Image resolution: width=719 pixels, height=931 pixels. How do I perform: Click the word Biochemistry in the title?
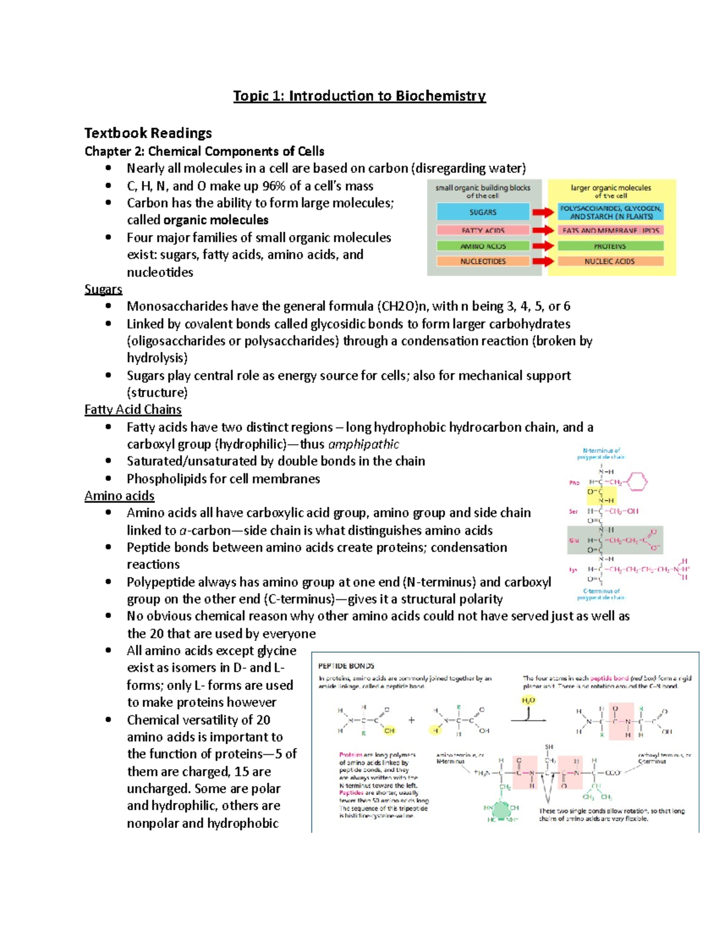pos(440,96)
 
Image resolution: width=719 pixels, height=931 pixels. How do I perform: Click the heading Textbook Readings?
pos(148,133)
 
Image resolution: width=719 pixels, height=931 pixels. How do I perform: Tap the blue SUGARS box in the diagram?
pos(483,212)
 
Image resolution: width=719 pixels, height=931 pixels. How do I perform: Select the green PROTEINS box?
pos(610,246)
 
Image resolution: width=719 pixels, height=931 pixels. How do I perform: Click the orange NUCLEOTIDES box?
pos(483,261)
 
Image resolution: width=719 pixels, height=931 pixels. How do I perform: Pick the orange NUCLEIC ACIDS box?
pos(610,261)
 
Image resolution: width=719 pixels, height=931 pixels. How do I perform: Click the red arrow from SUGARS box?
pos(543,212)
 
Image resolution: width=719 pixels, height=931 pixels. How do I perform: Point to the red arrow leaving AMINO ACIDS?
pos(543,246)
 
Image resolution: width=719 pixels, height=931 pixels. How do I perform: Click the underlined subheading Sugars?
pos(103,290)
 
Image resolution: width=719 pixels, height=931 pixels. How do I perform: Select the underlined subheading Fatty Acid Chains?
pos(133,409)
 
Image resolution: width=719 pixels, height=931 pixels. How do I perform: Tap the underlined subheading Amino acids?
pos(119,496)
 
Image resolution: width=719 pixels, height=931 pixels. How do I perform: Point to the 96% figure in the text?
pos(274,186)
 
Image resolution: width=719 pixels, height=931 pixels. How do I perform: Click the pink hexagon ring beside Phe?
pos(637,481)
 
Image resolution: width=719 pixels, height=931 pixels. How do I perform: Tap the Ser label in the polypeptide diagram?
pos(573,512)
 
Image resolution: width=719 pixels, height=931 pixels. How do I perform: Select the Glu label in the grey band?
pos(574,540)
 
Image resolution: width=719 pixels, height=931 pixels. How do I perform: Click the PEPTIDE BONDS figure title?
pos(346,665)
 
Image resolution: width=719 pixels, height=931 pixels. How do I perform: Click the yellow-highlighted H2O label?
pos(528,700)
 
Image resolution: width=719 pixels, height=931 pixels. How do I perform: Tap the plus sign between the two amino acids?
pos(412,721)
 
